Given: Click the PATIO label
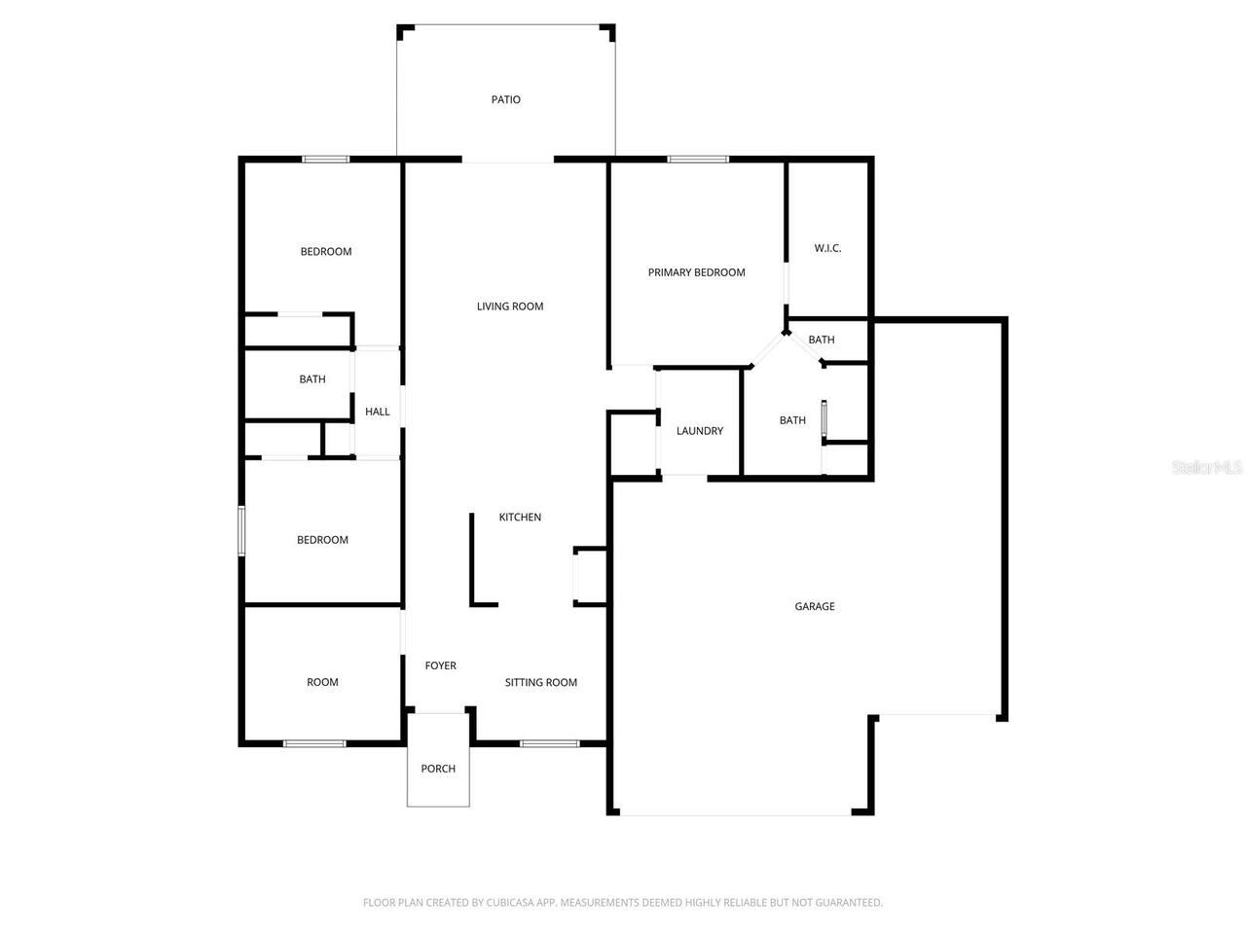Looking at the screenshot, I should point(505,99).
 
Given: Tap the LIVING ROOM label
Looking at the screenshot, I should point(509,306).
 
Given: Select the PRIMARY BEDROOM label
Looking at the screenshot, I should point(696,272).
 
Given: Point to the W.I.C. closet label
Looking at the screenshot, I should point(827,248).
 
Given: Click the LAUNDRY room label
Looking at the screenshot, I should point(699,431).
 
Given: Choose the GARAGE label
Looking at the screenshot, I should point(814,606).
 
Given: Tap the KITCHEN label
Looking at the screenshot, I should point(520,518).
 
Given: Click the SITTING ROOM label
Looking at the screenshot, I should point(540,683).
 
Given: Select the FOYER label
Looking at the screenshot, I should point(440,665).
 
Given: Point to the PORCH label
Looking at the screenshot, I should point(438,769).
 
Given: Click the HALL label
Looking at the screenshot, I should point(377,412).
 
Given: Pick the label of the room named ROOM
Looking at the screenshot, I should point(322,682).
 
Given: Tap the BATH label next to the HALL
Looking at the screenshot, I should point(311,379).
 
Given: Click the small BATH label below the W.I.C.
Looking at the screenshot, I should point(821,340).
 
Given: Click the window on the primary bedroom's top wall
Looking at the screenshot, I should point(697,160).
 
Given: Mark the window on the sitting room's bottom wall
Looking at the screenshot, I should point(549,744).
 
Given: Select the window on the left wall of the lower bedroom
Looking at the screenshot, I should point(242,530).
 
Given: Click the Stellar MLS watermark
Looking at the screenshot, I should point(1207,468).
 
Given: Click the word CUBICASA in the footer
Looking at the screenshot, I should point(506,903).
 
